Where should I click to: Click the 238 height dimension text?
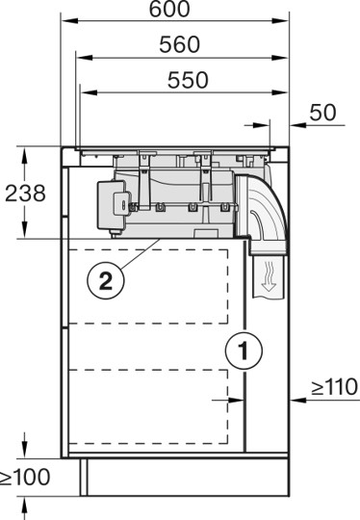[25, 193]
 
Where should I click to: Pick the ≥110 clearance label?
[333, 388]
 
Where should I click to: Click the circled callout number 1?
[244, 351]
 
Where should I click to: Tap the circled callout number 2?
[105, 281]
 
